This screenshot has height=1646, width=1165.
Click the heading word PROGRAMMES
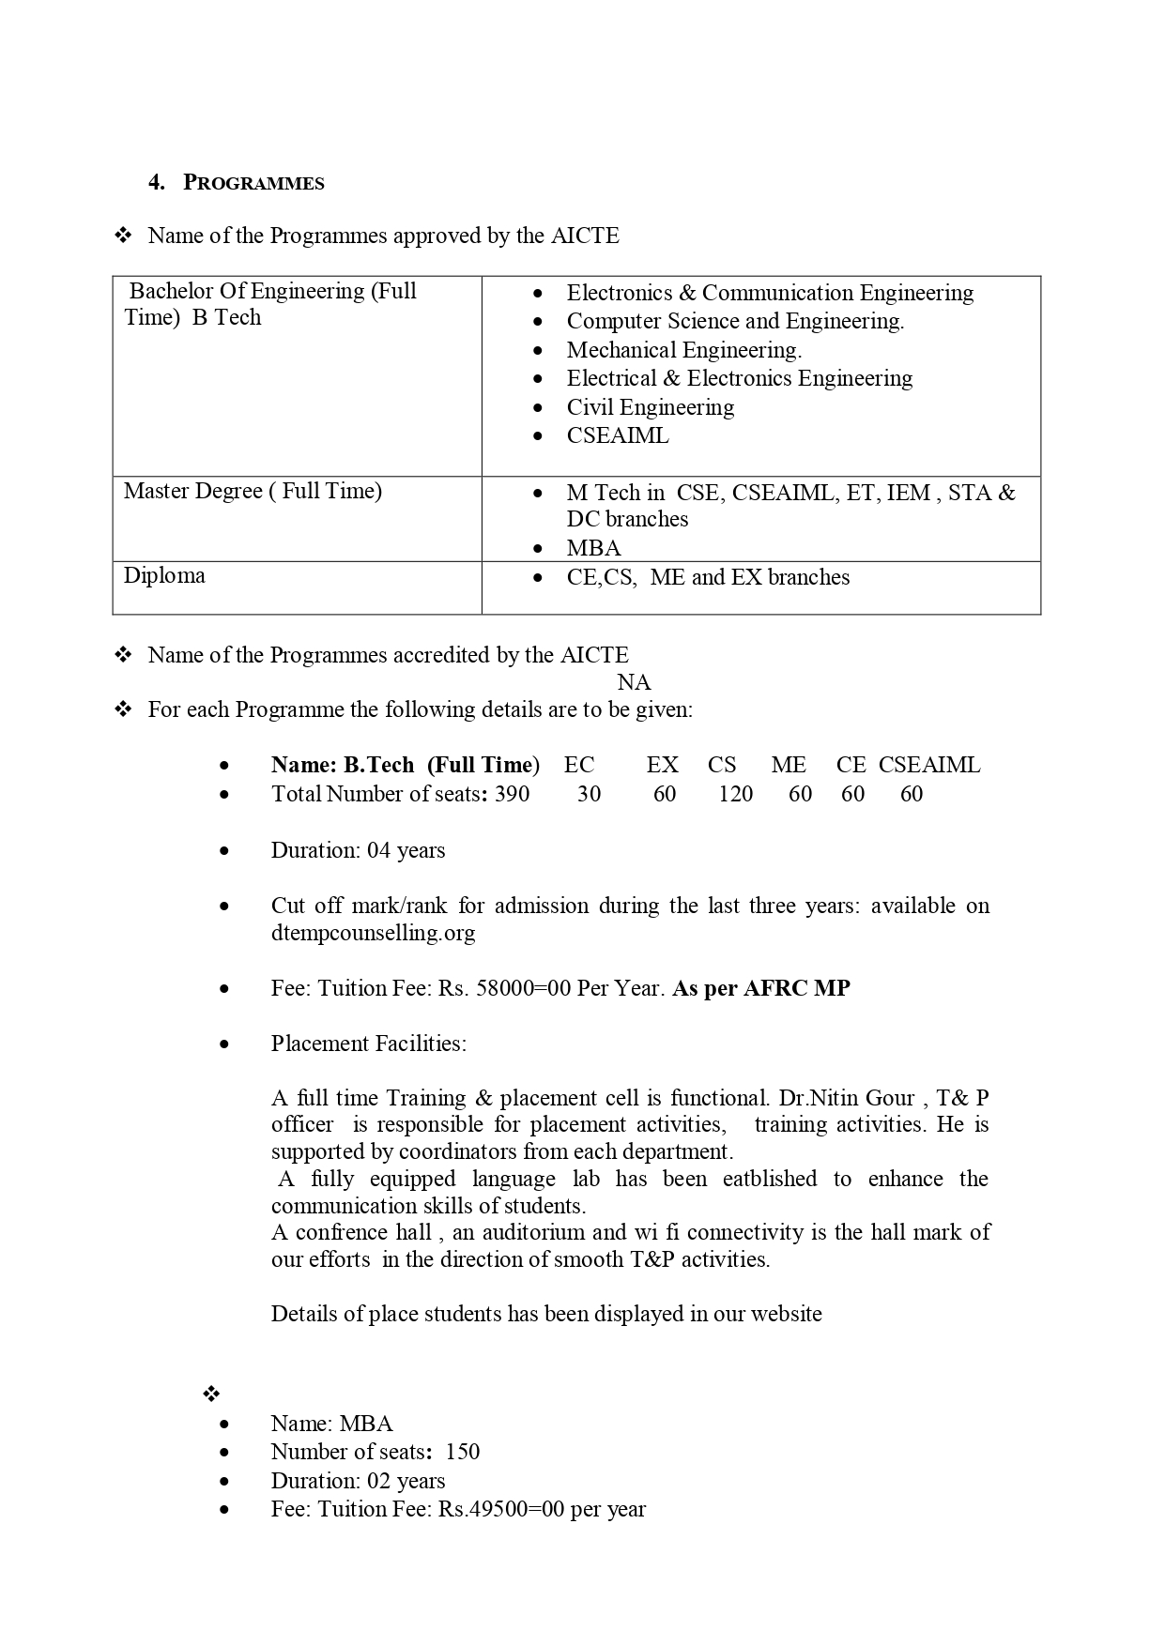click(253, 183)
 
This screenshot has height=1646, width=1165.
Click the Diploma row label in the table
click(164, 575)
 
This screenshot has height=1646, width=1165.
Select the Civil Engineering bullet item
click(650, 407)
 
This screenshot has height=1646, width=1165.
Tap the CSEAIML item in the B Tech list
click(617, 435)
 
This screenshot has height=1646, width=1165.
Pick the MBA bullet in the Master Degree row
click(593, 548)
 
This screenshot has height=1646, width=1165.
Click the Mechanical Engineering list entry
click(683, 350)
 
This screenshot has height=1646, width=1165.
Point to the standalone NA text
click(634, 682)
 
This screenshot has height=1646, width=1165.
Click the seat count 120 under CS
click(735, 794)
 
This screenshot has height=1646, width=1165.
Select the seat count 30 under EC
click(589, 794)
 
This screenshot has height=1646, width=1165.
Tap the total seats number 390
click(512, 794)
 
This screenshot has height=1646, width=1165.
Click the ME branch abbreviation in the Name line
click(789, 765)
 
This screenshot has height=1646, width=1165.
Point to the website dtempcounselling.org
click(373, 933)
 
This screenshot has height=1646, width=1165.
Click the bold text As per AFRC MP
click(761, 988)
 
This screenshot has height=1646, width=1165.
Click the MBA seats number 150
click(462, 1452)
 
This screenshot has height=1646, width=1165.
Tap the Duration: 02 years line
click(358, 1481)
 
